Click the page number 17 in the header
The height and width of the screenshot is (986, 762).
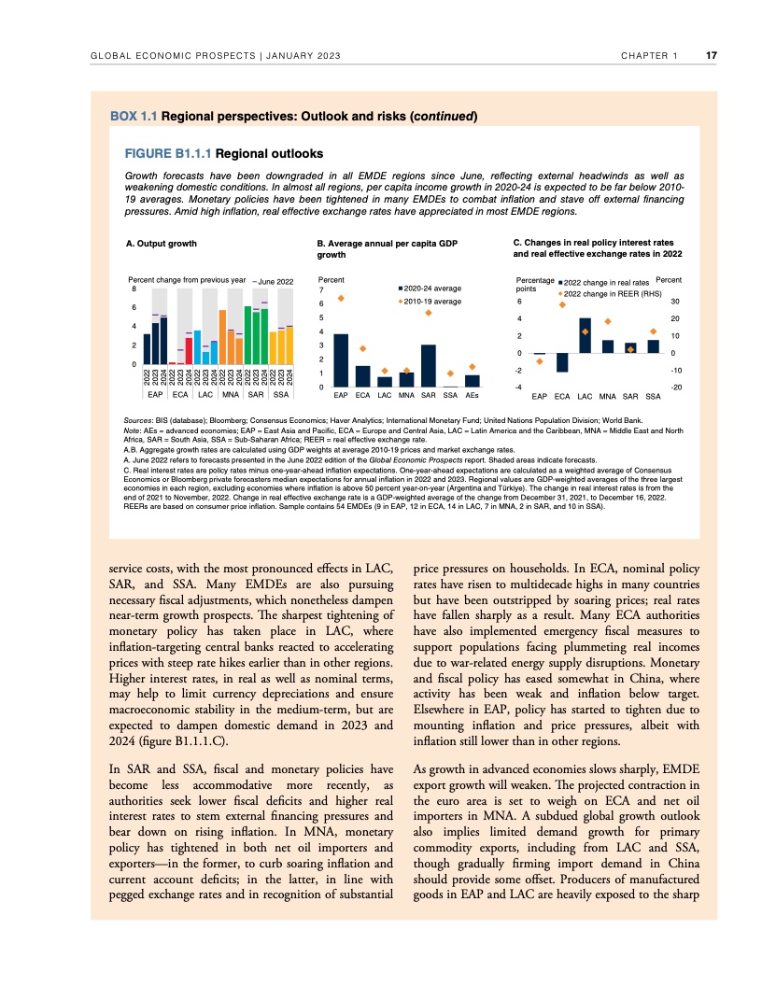click(711, 56)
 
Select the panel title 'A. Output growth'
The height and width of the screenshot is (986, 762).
click(162, 244)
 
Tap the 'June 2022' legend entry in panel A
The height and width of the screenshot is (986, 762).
click(274, 281)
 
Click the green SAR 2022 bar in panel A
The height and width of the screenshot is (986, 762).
click(247, 335)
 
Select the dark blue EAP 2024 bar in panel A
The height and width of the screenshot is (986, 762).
click(163, 341)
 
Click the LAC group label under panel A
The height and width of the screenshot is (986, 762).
click(205, 394)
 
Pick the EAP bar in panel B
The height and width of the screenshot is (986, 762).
click(341, 360)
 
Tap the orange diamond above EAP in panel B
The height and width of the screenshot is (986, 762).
click(341, 299)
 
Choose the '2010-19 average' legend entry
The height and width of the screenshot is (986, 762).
click(432, 302)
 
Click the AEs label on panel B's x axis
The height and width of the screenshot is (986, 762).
click(473, 396)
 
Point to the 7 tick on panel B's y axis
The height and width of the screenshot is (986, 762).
click(321, 289)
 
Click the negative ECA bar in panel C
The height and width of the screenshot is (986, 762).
click(562, 362)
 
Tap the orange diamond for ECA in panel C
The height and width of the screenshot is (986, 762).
click(562, 304)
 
